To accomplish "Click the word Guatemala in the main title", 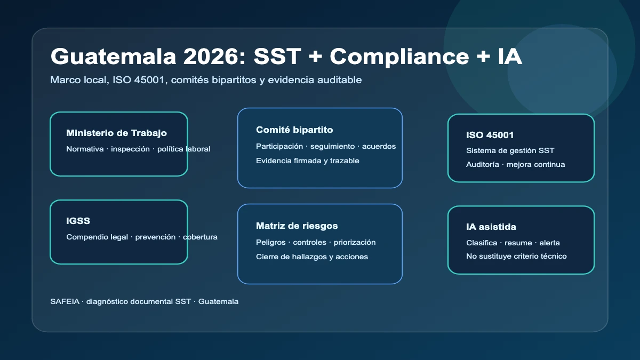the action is (x=113, y=57).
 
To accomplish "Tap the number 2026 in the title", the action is (x=214, y=57).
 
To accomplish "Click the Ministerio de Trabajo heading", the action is (x=117, y=133).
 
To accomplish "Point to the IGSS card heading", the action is (x=78, y=221).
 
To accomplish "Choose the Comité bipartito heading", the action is (x=294, y=130).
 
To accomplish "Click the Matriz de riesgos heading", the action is (x=297, y=226).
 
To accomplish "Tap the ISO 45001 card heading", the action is (x=490, y=135).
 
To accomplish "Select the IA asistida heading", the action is (x=491, y=227).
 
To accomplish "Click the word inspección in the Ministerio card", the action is (x=130, y=149).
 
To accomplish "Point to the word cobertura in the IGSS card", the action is (x=200, y=237).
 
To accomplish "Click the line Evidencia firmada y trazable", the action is (x=307, y=161).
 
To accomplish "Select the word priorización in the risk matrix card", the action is (x=355, y=243).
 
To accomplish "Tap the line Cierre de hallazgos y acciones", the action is (x=311, y=257).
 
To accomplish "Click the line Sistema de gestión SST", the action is (x=510, y=150).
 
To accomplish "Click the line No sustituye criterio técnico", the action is (x=516, y=257).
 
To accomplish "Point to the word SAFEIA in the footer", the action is (x=65, y=301).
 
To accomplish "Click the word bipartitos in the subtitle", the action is (x=234, y=80).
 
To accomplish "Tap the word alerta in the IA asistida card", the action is (x=549, y=243).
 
